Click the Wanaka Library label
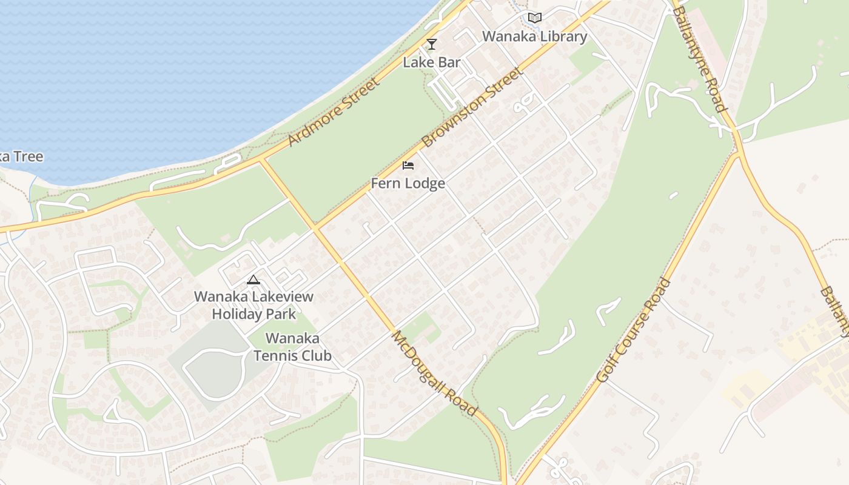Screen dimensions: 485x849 point(534,36)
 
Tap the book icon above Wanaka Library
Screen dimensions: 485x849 point(534,18)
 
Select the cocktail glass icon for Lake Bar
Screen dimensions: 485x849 point(431,44)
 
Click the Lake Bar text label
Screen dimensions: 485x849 point(432,62)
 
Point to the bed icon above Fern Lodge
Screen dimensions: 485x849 point(408,166)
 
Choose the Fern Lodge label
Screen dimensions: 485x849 point(408,183)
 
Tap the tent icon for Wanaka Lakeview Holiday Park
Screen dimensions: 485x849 point(253,279)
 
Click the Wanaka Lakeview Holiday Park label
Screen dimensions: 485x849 point(253,305)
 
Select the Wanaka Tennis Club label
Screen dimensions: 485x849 point(292,347)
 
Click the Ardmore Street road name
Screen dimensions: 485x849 point(333,112)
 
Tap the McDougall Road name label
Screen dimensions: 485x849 point(434,372)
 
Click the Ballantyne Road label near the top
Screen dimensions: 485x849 point(699,59)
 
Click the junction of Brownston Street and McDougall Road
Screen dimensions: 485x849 point(315,228)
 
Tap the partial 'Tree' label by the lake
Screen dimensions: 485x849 point(21,156)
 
